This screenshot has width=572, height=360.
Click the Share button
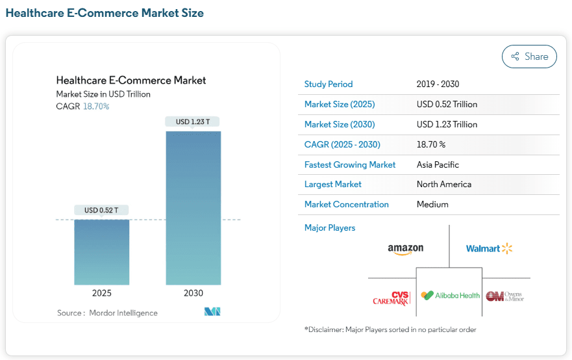click(x=529, y=57)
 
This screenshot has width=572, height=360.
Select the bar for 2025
click(x=102, y=252)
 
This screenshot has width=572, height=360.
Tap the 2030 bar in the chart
click(x=193, y=208)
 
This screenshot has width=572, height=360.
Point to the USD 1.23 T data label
click(x=193, y=122)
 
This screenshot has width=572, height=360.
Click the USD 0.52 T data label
click(x=101, y=211)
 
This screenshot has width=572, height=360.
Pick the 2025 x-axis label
click(x=102, y=293)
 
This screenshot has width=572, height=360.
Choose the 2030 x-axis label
click(x=193, y=293)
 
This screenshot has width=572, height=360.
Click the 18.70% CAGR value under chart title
click(x=96, y=107)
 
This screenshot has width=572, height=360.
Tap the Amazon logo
click(x=406, y=250)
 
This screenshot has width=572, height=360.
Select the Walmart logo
click(x=489, y=249)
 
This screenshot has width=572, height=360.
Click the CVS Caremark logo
click(x=392, y=298)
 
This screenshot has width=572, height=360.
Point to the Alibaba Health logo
click(x=450, y=296)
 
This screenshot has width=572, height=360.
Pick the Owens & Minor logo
click(x=505, y=296)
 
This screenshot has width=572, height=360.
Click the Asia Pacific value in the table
click(x=438, y=164)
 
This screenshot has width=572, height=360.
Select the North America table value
click(x=444, y=185)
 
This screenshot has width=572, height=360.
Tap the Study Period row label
click(x=329, y=84)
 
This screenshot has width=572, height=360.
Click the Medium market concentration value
click(x=432, y=205)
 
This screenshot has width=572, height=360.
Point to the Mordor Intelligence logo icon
click(x=212, y=311)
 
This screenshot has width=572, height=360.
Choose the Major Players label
click(x=330, y=228)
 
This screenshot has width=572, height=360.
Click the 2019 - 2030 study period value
click(x=438, y=84)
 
